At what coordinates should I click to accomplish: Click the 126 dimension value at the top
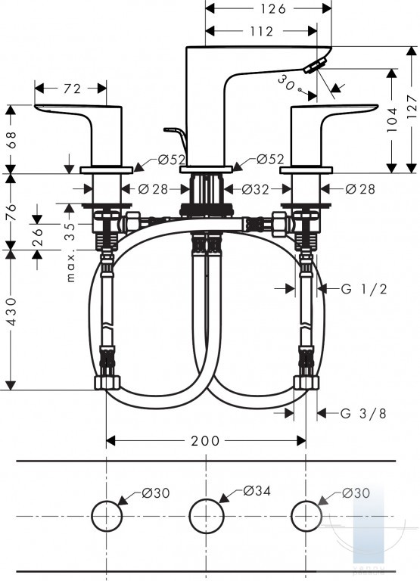point(273,8)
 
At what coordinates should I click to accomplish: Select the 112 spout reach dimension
point(261,31)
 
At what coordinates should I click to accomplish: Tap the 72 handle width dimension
point(72,89)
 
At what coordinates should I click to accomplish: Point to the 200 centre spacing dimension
point(205,440)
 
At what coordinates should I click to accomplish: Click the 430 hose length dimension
point(11,311)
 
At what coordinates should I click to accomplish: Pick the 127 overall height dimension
point(412,107)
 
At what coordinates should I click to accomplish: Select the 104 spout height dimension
point(392,120)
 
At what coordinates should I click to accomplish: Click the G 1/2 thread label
point(364,289)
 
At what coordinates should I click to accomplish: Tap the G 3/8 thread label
point(363,413)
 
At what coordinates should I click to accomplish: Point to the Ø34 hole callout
point(257,491)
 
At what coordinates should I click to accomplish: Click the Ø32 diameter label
point(255,189)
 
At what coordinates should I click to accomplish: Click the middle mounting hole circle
point(207,516)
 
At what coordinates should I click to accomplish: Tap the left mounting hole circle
point(107,516)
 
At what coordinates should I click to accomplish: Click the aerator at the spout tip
point(315,66)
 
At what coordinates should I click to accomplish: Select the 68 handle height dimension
point(11,139)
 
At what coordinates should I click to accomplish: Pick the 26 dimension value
point(37,237)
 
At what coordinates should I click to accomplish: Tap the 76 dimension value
point(11,212)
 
